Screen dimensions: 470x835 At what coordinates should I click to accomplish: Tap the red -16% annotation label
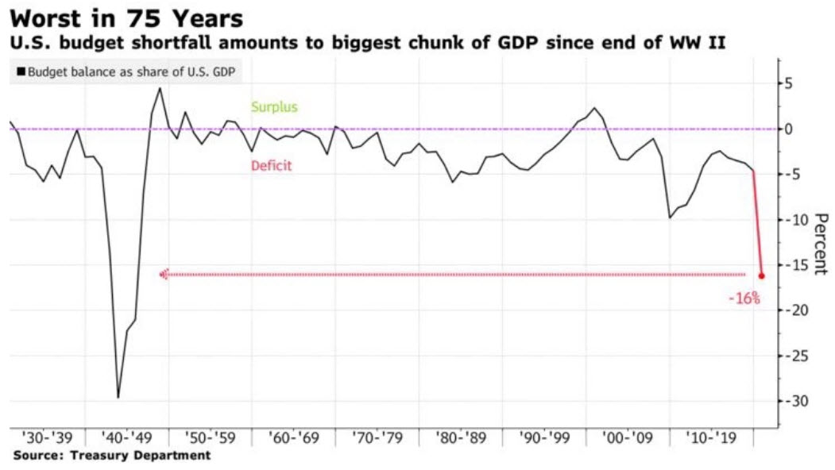744,299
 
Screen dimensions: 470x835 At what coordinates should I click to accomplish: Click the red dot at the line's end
761,276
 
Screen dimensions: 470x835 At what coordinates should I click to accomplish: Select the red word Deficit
272,166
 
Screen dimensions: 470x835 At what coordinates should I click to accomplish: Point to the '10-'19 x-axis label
713,438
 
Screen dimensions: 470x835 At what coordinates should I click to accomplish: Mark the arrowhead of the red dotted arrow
164,275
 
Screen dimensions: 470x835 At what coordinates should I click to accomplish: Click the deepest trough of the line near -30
118,397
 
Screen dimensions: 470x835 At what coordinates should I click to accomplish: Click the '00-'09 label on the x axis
629,438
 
